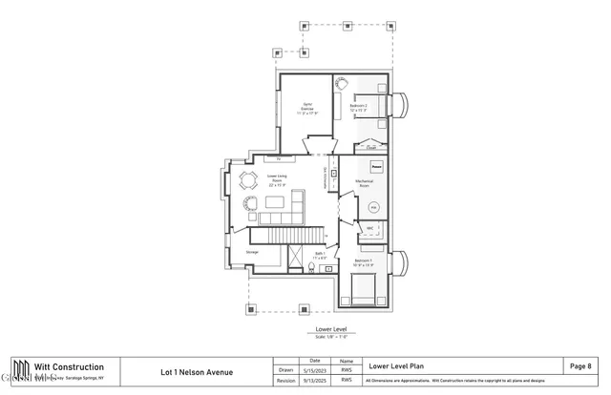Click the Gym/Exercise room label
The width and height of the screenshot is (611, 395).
tap(308, 107)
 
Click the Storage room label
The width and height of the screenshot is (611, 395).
tap(252, 252)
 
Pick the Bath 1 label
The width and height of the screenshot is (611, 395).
tap(321, 256)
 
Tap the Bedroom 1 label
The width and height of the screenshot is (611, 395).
tap(364, 262)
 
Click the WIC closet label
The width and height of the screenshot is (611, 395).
tap(369, 228)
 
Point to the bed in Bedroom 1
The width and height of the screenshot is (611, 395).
tap(364, 288)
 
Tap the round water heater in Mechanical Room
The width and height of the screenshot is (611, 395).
tap(374, 206)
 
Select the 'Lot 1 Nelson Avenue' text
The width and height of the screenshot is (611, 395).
tap(196, 372)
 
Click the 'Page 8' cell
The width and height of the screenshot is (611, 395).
tap(580, 365)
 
